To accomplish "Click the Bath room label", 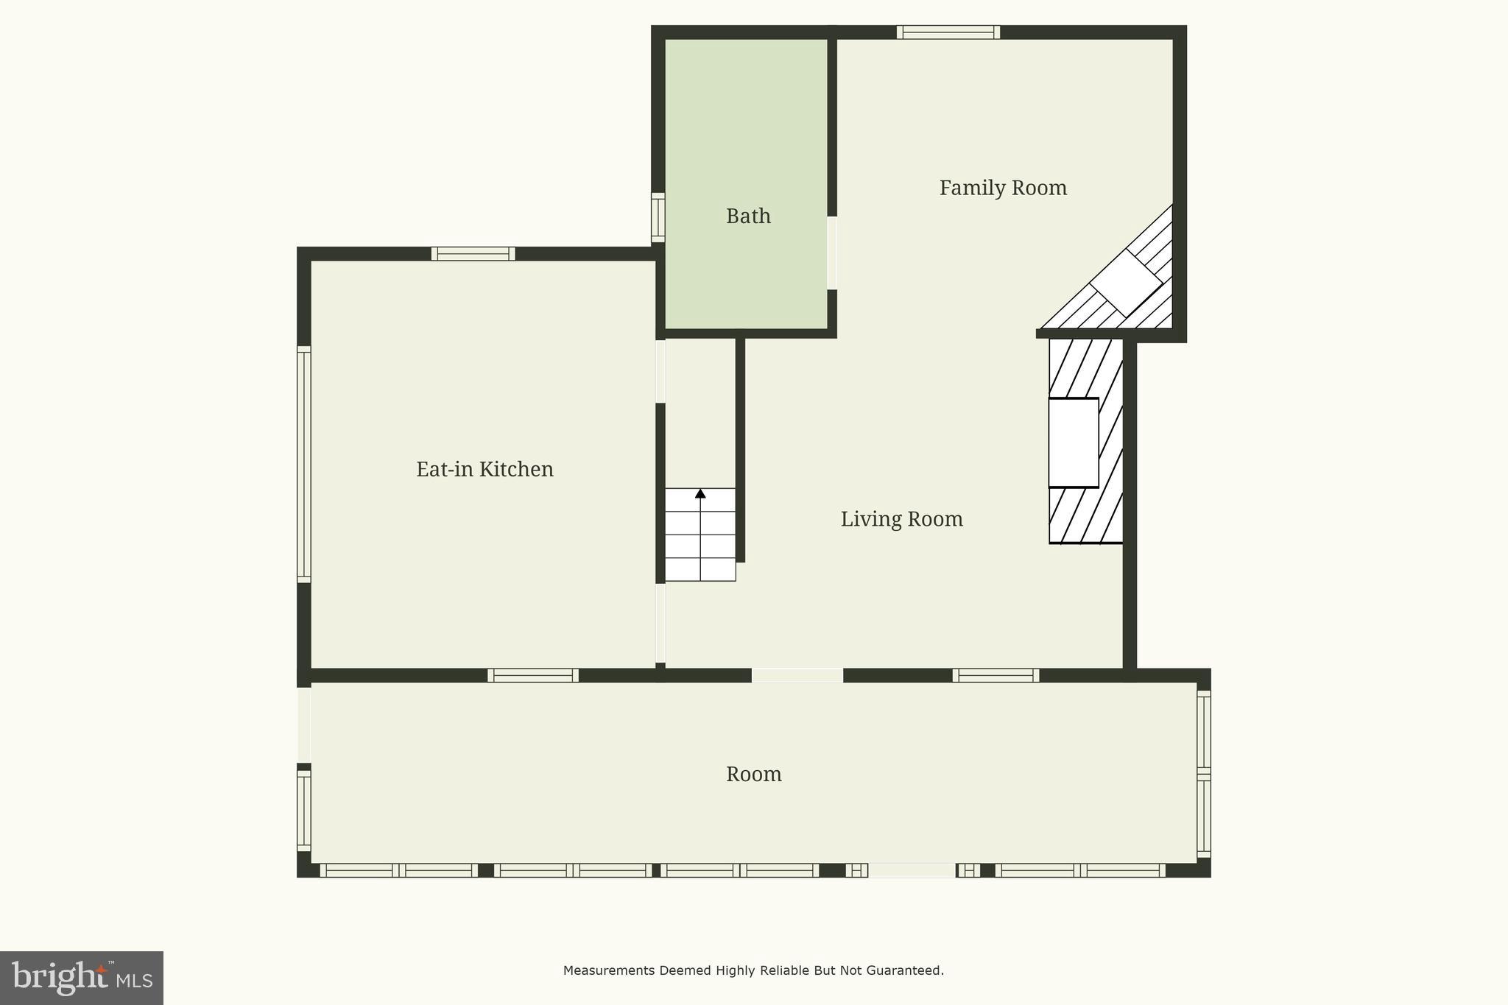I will point(748,216).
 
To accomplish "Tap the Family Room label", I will point(1003,188).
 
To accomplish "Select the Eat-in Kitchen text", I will point(485,470).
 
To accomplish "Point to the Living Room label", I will point(901,520).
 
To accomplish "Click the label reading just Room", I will point(753,775).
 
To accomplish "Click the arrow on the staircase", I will point(700,493).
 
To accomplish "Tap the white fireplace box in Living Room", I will point(1073,442).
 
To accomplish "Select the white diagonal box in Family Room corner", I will point(1125,283).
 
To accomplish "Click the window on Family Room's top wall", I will point(948,32).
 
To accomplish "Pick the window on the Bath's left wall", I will point(658,217).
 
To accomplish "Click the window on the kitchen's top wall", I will point(473,254).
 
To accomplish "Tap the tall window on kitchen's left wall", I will point(303,464).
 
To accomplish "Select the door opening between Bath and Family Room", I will point(832,253).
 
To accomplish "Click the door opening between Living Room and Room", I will point(797,675).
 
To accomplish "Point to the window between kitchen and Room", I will point(532,675).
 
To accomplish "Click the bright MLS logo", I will point(81,978).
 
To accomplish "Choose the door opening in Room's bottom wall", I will point(912,870).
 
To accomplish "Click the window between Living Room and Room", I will point(996,675).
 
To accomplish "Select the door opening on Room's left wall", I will point(303,724).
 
